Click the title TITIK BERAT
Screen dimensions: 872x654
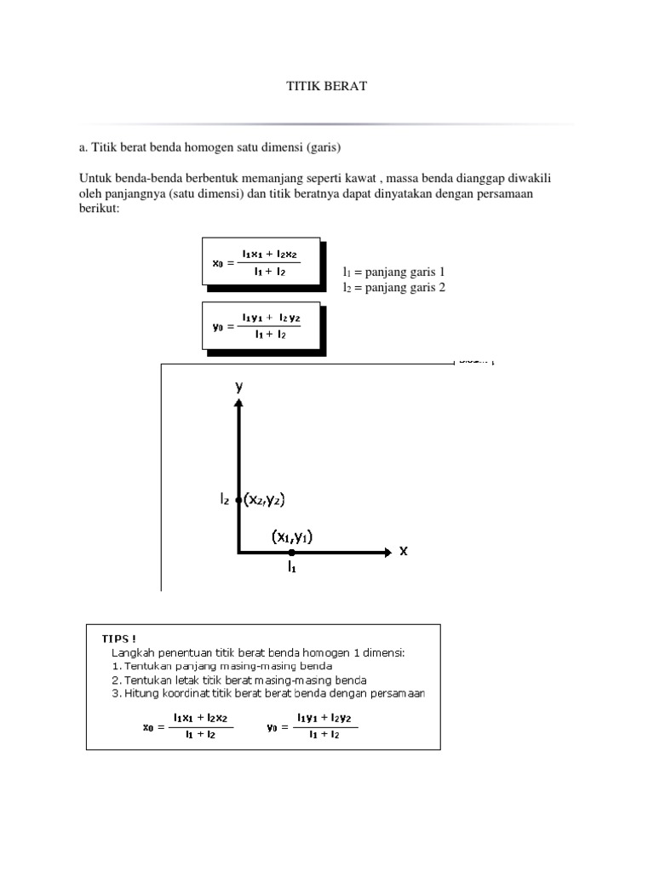pyautogui.click(x=326, y=87)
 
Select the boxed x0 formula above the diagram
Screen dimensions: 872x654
pyautogui.click(x=261, y=261)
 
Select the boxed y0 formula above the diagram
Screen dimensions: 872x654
pyautogui.click(x=261, y=325)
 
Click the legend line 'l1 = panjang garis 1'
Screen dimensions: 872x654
pyautogui.click(x=393, y=272)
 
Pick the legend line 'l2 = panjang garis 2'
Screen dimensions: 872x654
pyautogui.click(x=393, y=288)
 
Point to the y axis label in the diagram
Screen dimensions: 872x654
pyautogui.click(x=239, y=386)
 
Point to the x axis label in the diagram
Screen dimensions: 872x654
pyautogui.click(x=404, y=551)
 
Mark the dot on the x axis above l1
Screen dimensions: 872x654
pyautogui.click(x=291, y=553)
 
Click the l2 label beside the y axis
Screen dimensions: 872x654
pyautogui.click(x=225, y=501)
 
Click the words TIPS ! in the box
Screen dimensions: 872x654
pyautogui.click(x=119, y=638)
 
